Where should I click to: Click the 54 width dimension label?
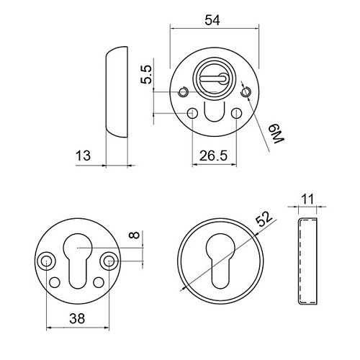[212, 20]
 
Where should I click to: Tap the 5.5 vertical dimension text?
[146, 74]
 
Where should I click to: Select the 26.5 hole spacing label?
[213, 156]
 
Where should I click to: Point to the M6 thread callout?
[276, 134]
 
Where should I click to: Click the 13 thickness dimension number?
[83, 156]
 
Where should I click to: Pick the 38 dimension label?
[77, 319]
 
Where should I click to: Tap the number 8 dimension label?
[135, 235]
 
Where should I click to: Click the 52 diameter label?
[264, 219]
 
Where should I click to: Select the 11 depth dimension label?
[307, 199]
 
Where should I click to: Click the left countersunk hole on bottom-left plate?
[45, 261]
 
